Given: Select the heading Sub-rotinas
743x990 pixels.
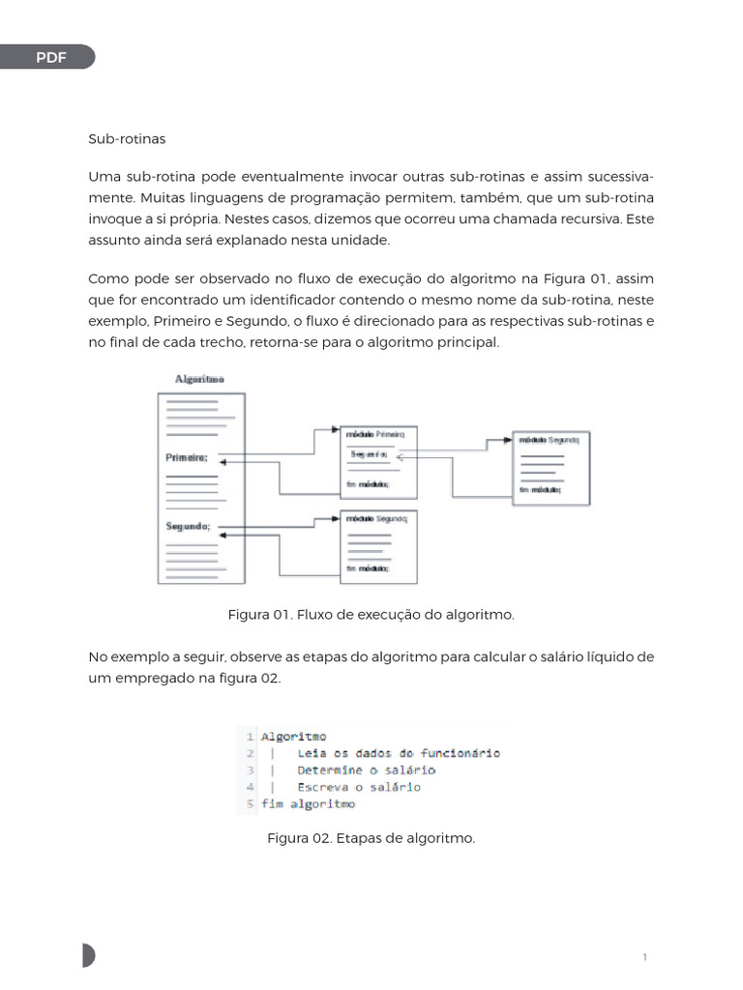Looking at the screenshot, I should [127, 139].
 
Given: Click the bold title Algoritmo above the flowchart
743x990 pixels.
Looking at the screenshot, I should [199, 380].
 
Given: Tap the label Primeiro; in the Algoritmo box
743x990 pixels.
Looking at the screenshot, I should [187, 457].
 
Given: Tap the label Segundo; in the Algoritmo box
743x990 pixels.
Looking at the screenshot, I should [188, 527].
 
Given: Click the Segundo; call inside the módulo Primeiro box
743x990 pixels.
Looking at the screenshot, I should [370, 453].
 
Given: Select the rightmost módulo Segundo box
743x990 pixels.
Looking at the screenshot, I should [550, 467].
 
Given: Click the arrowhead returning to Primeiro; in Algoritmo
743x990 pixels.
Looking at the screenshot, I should [223, 464].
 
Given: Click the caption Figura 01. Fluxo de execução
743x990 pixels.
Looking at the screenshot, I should [371, 615].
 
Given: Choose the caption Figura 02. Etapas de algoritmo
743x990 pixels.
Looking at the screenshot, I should [371, 838].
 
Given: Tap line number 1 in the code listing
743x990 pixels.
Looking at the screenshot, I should [250, 737].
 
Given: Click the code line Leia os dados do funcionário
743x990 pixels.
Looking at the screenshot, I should [399, 753].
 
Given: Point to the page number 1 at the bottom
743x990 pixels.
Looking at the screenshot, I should [644, 957].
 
